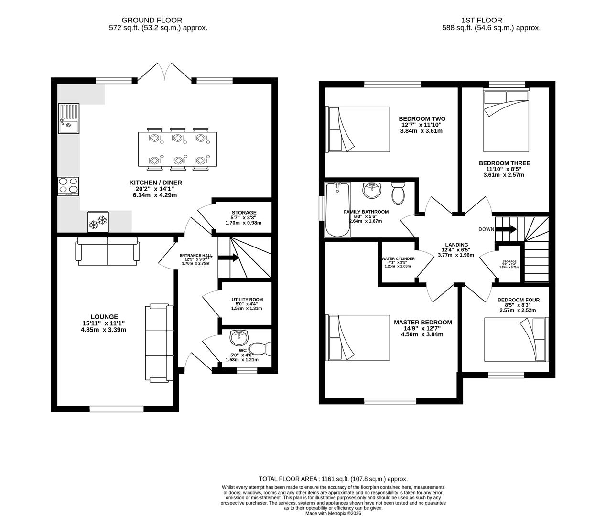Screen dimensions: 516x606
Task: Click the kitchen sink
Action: (x=67, y=118)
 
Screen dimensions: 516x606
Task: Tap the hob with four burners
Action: (x=67, y=186)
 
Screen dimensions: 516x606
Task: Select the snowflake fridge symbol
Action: (x=97, y=221)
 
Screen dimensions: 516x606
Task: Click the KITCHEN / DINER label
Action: (x=155, y=183)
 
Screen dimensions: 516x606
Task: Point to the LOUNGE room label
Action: (x=104, y=317)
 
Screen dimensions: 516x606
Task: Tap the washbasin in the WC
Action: (x=239, y=338)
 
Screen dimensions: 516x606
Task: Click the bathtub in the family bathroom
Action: (x=338, y=210)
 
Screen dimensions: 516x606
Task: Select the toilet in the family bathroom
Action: (x=398, y=192)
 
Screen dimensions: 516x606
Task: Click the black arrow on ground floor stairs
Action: (x=229, y=258)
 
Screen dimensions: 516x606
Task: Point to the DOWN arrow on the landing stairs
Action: (x=507, y=229)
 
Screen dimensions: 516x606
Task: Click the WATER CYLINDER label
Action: (x=398, y=258)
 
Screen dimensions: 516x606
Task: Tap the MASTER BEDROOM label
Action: (x=422, y=322)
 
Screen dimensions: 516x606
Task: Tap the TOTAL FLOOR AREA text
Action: (x=333, y=479)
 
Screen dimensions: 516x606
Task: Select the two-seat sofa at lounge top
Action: (x=108, y=251)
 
